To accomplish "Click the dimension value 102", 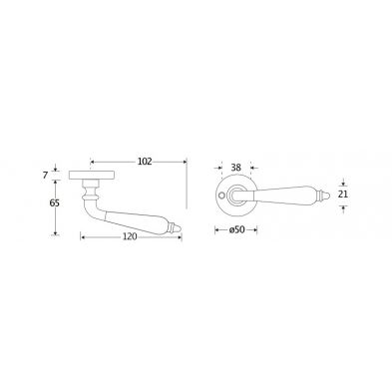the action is [x=145, y=162].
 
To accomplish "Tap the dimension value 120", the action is [x=130, y=236].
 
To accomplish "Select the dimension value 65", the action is [x=55, y=202].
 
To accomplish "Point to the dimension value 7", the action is [x=46, y=175].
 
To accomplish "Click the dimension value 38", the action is [x=235, y=168].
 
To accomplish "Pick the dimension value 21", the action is [x=342, y=195].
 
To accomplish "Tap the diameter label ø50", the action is [x=236, y=229].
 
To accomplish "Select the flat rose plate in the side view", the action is [x=92, y=176].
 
